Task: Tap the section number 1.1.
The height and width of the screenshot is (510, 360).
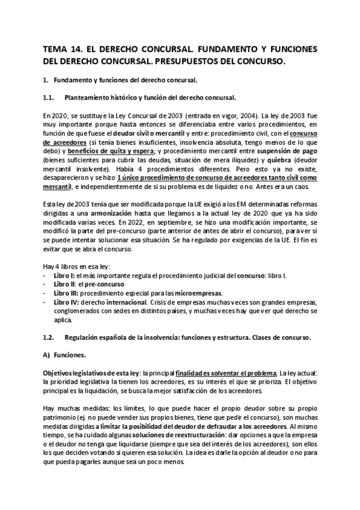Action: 51,97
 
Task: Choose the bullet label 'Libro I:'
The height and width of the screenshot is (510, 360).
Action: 65,275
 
